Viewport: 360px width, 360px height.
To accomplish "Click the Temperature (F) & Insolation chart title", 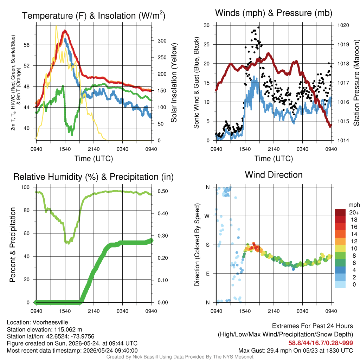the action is coord(94,15).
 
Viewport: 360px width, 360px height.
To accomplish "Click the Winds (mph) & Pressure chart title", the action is coord(274,13).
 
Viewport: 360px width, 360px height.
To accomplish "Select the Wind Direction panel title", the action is coord(274,175).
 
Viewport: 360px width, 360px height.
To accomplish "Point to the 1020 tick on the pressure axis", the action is coord(343,25).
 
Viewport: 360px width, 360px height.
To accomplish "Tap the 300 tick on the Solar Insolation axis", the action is coord(162,41).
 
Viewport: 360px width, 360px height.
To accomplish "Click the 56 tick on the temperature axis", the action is coord(27,45).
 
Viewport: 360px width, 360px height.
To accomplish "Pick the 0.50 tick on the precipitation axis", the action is coord(163,191).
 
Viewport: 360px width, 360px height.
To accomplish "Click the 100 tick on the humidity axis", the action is coord(25,187).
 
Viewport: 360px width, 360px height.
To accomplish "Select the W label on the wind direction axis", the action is coord(207,216).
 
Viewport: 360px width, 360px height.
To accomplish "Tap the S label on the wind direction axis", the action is coord(208,245).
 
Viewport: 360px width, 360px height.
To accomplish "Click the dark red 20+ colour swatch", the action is coord(340,212).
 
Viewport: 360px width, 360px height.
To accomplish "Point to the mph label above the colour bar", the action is coord(354,205).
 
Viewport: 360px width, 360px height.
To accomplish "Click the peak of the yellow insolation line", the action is coord(56,26).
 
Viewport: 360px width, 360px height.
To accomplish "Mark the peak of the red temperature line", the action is coord(65,31).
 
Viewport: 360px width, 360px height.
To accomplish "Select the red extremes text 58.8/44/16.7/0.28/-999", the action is coord(321,343).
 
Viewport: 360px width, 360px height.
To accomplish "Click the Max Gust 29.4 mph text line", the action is coord(295,351).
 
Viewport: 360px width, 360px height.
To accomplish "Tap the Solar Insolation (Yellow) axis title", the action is coord(174,83).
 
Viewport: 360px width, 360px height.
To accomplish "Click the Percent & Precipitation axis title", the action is coord(13,245).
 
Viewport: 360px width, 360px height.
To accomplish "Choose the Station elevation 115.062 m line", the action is coord(44,329).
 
